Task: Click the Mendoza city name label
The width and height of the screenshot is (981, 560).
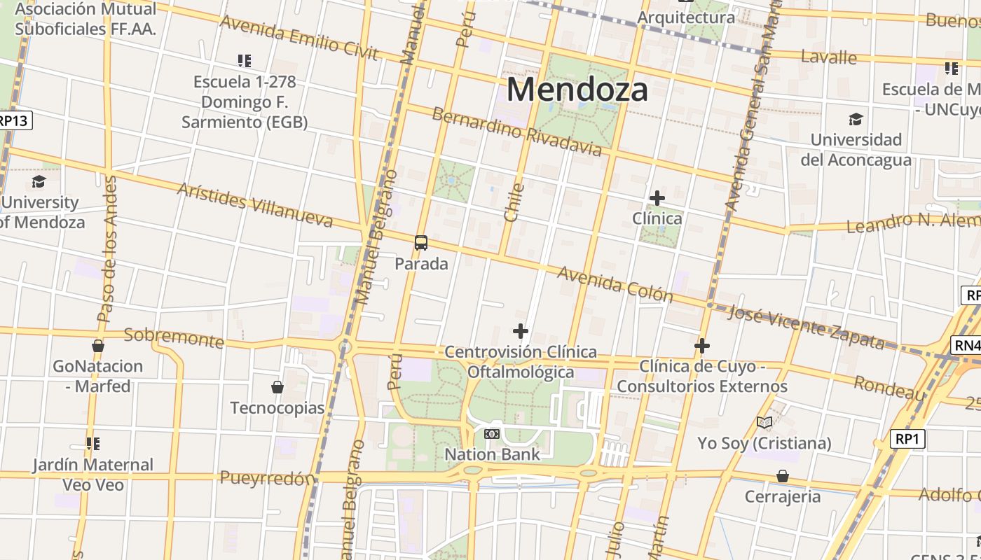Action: click(x=577, y=90)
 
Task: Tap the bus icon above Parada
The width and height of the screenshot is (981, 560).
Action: click(x=420, y=243)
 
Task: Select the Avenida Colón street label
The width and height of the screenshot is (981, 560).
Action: click(x=615, y=283)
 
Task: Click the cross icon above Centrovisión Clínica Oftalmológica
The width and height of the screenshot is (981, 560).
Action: click(x=520, y=331)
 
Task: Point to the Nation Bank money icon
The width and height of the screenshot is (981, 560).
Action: click(x=492, y=434)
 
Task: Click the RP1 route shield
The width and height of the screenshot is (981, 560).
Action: click(x=908, y=439)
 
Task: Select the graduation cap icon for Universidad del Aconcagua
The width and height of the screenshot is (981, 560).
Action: click(x=856, y=119)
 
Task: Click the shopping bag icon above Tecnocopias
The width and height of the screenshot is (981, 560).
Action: click(x=277, y=387)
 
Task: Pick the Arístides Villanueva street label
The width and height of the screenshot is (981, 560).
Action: click(x=254, y=205)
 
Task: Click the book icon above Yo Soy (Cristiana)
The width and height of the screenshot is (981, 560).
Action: click(x=764, y=422)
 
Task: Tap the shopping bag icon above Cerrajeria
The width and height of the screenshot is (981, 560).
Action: click(x=782, y=476)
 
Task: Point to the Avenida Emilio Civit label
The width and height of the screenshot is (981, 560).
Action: click(x=299, y=37)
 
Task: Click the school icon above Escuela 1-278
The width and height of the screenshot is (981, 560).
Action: click(x=244, y=61)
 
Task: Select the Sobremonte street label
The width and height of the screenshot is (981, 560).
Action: click(x=174, y=337)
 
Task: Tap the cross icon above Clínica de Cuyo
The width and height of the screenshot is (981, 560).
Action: click(x=701, y=346)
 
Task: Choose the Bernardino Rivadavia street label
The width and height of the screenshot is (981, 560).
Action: click(x=516, y=132)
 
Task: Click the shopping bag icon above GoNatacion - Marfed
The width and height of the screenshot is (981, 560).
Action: click(x=98, y=346)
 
